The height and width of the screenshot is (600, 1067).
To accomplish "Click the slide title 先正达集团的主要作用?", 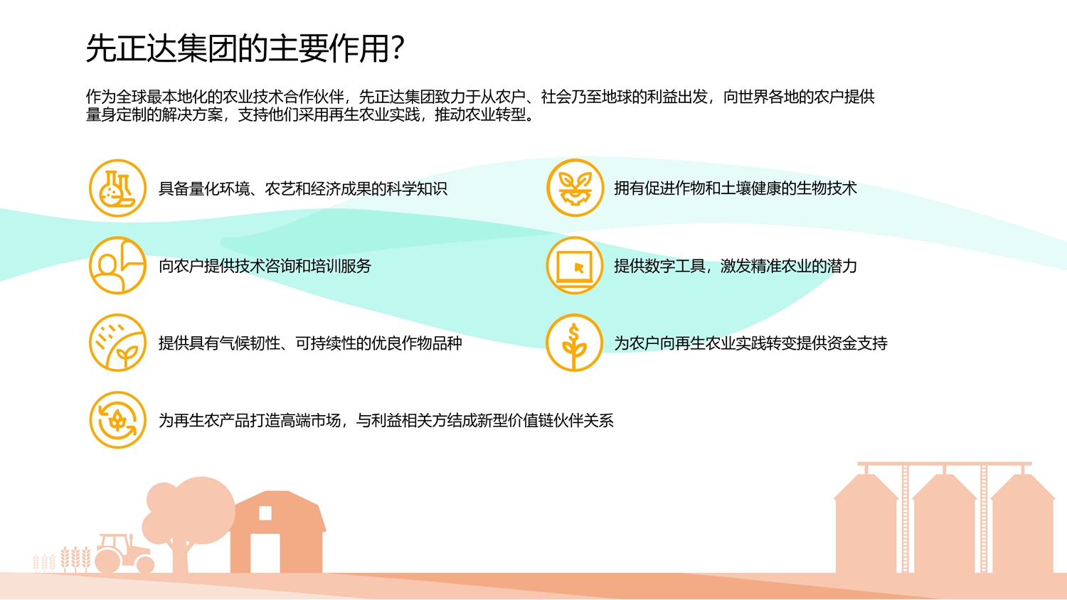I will pos(245,49).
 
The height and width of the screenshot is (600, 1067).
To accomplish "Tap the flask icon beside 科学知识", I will pos(117,188).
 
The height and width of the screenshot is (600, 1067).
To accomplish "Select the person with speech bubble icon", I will pos(117,266).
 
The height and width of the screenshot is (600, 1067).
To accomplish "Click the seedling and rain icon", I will pos(117,343).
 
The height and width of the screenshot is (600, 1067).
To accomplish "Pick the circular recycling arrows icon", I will pos(117,420).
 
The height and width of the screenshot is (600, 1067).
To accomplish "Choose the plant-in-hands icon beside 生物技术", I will pos(575,188).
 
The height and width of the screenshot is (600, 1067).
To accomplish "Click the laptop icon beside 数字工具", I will pos(575,266).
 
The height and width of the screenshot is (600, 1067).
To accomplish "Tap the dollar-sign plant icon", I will pos(575,343).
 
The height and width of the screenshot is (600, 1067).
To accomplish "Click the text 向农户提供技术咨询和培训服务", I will pos(265,267).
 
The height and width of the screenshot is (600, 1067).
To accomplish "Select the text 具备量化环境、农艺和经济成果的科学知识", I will pos(302,189).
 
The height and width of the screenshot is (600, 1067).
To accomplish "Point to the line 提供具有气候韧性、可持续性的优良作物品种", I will pos(310,343).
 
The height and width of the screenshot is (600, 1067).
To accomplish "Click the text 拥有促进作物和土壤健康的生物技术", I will pos(735,188).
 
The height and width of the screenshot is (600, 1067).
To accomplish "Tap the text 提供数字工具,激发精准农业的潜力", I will pos(735,267).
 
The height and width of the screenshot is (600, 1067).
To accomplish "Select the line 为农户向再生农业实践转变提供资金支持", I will pos(750,343).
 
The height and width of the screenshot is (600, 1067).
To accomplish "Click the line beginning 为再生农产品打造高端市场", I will pos(386,421).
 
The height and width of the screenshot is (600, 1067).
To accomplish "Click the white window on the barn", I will pos(265,513).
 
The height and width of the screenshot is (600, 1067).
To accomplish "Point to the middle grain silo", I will pos(945,523).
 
